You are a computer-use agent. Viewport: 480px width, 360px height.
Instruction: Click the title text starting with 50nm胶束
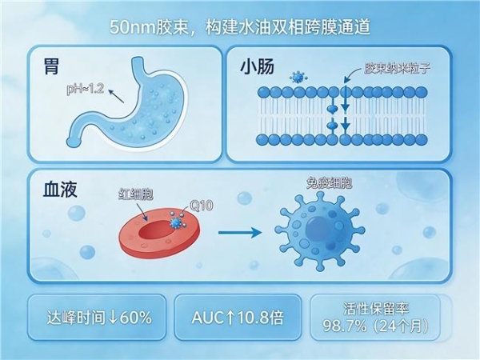pos(240,26)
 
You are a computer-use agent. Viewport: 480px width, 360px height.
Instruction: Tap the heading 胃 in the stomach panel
pos(53,67)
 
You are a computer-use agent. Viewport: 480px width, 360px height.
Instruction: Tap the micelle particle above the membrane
pos(298,77)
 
